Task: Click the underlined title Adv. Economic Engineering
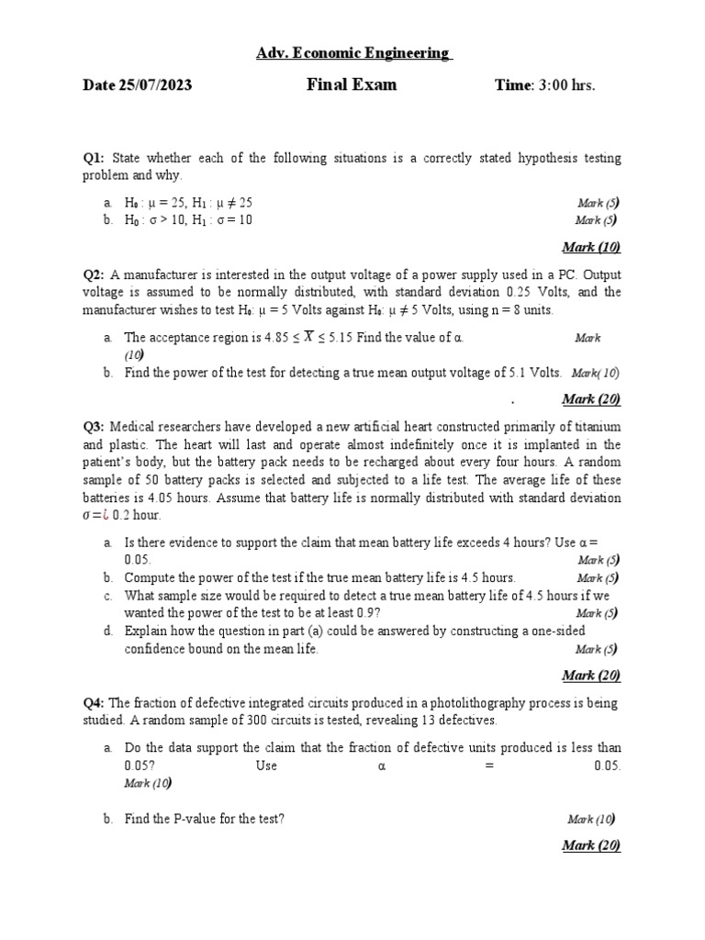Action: [x=353, y=53]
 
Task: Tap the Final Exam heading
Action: [x=352, y=84]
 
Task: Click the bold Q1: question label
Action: [x=95, y=158]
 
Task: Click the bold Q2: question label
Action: [x=95, y=274]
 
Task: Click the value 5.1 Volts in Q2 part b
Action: [x=534, y=373]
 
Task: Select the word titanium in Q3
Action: [x=597, y=427]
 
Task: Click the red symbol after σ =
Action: [x=106, y=515]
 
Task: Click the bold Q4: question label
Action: [x=95, y=702]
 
